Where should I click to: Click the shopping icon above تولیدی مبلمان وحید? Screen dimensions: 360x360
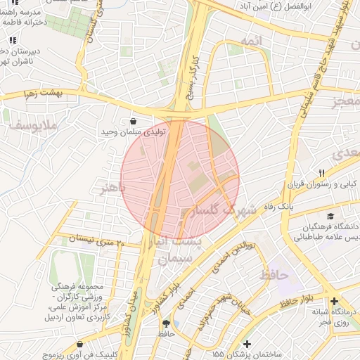[134, 121]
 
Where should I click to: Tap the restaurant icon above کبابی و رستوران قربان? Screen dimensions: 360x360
[321, 173]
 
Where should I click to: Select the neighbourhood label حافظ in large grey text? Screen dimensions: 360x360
[274, 275]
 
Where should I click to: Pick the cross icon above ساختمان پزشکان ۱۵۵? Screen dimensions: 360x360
[246, 344]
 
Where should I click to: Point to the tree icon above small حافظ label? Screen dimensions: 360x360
[166, 324]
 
